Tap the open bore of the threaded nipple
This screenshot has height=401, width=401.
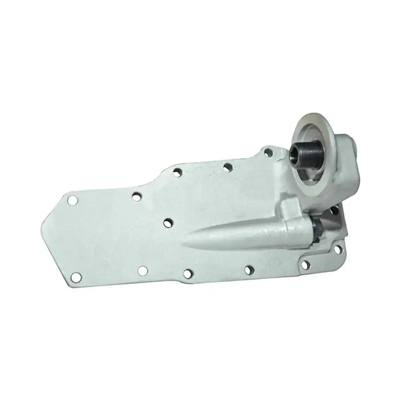[293, 151]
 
